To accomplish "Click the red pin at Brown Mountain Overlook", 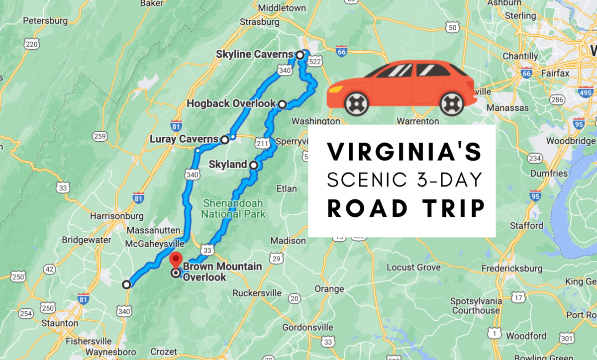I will point(176,260).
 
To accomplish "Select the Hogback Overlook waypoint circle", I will point(282,104).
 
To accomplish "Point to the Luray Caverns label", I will point(184,139).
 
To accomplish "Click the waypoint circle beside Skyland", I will point(254,165).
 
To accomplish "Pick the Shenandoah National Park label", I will point(233,209).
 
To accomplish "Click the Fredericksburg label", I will point(512,269).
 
